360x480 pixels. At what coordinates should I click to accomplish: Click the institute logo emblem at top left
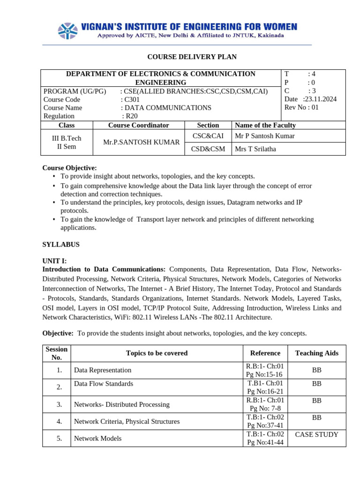[68, 30]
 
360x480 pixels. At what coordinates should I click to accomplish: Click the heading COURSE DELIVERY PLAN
[192, 57]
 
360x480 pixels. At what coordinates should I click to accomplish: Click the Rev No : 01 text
[301, 107]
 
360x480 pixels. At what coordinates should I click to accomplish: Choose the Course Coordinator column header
[138, 125]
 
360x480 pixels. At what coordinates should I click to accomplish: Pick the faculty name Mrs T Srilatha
[255, 149]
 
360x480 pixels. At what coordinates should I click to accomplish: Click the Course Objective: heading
[69, 168]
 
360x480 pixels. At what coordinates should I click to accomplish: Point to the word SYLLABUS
[61, 245]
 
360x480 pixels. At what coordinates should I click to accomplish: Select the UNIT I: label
[54, 261]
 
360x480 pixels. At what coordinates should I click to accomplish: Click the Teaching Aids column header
[316, 353]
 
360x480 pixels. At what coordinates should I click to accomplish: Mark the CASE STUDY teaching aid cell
[316, 435]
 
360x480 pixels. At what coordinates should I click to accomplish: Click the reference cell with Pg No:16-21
[265, 387]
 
